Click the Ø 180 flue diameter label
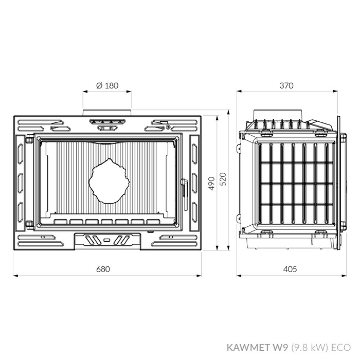point(107,86)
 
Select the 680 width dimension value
point(107,269)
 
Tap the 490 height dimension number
point(212,183)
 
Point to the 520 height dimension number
point(223,179)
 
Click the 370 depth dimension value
point(287,86)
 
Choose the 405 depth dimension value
point(290,269)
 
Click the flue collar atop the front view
point(107,113)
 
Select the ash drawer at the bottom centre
point(107,240)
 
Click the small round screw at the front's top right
point(168,126)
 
